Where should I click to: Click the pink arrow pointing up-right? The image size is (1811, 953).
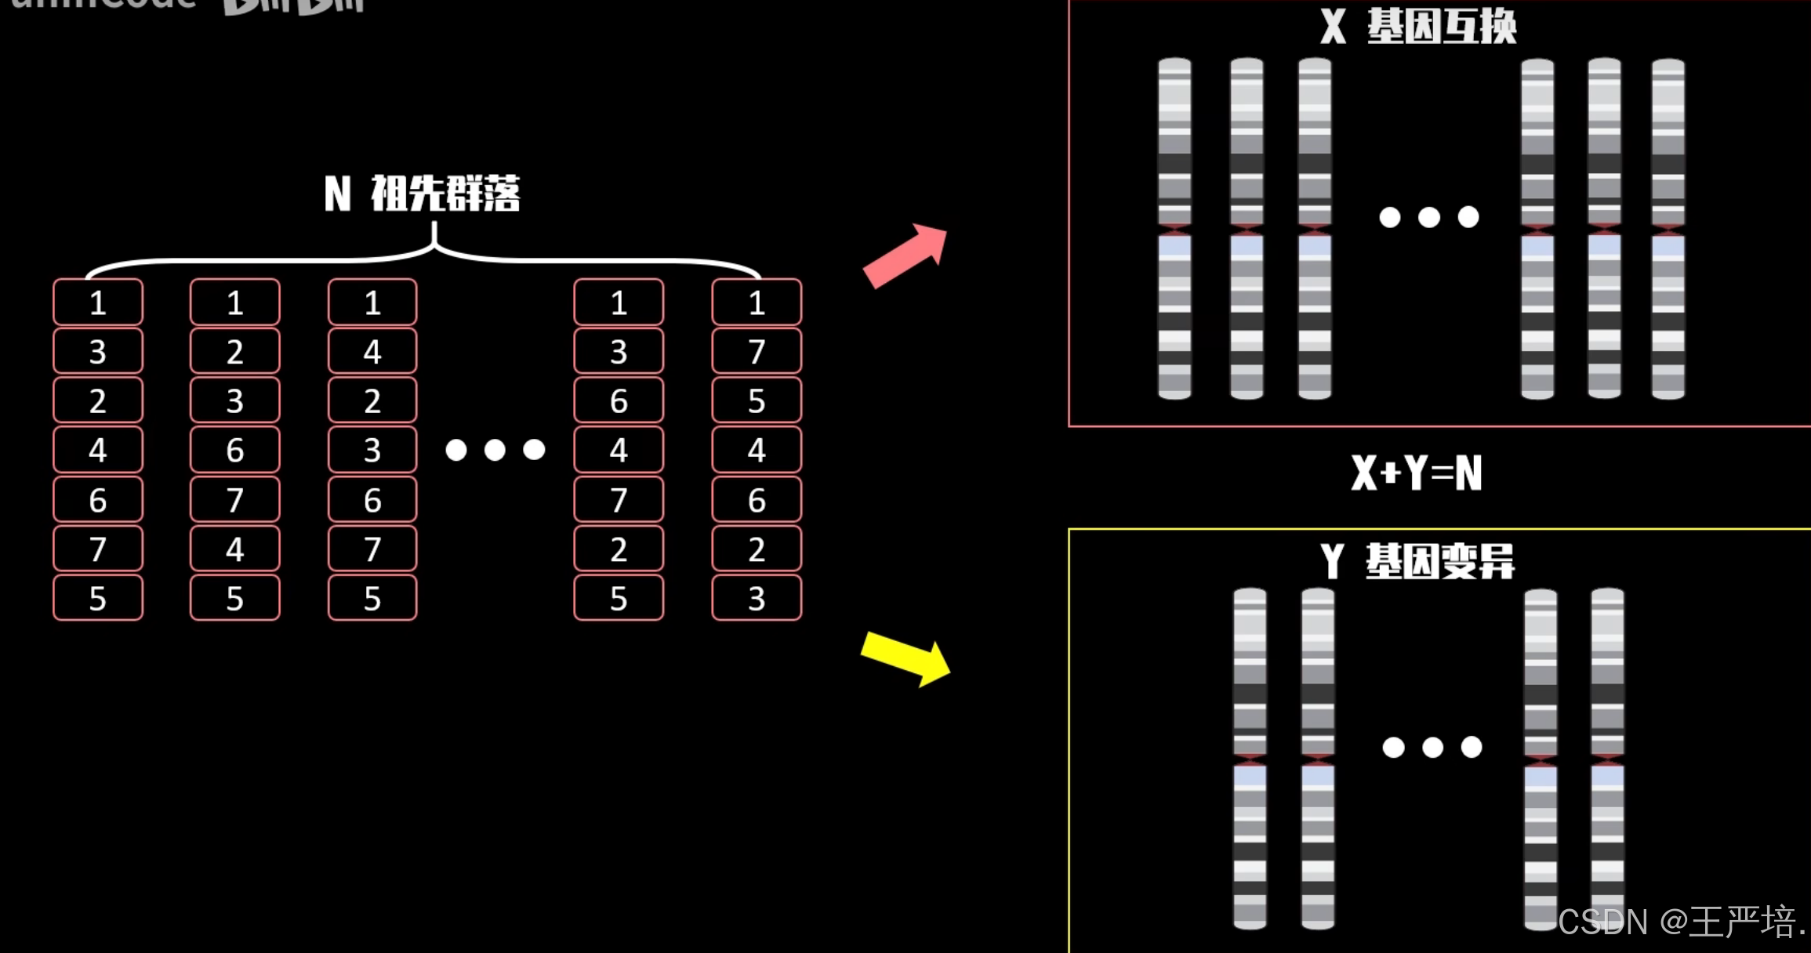click(x=905, y=256)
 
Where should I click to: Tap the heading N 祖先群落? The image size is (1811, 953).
click(x=423, y=194)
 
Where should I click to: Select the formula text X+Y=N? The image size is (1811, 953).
click(x=1416, y=473)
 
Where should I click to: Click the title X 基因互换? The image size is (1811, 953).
click(x=1418, y=27)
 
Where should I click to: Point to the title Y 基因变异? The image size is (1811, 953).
click(x=1417, y=561)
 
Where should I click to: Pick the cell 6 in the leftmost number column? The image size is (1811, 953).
click(x=98, y=500)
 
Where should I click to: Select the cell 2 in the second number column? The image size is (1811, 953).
click(x=234, y=352)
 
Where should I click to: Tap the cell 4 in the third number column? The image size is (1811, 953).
click(x=372, y=352)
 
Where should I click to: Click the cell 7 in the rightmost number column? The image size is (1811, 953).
click(x=757, y=352)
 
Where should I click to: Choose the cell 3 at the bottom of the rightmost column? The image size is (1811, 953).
click(x=757, y=599)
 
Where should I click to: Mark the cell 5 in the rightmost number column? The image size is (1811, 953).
click(x=757, y=401)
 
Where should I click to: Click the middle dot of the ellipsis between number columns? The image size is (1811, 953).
click(x=495, y=450)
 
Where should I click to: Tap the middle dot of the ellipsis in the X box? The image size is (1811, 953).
click(x=1429, y=217)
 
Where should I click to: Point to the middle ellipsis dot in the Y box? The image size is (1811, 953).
click(x=1432, y=747)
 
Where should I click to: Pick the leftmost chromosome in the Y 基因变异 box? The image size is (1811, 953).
click(x=1250, y=759)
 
